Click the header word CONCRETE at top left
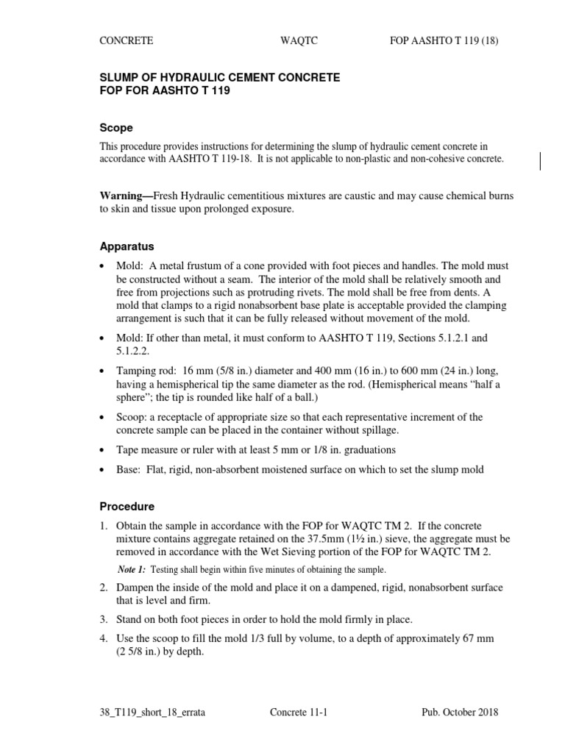[x=127, y=41]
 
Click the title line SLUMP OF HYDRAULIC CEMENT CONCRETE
[x=220, y=77]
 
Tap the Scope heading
[x=116, y=128]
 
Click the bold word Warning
[x=123, y=196]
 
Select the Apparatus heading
[x=127, y=246]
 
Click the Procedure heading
[x=127, y=507]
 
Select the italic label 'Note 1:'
[x=132, y=570]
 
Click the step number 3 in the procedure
[x=104, y=619]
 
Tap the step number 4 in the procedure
[x=104, y=638]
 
